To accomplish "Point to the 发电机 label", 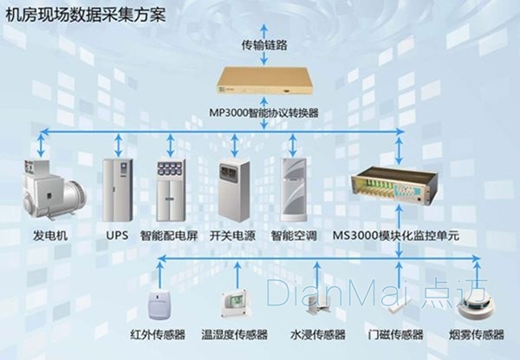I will (49, 235).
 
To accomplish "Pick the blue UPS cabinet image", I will (116, 188).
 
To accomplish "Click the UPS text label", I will (117, 235).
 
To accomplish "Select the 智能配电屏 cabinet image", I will (171, 188).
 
